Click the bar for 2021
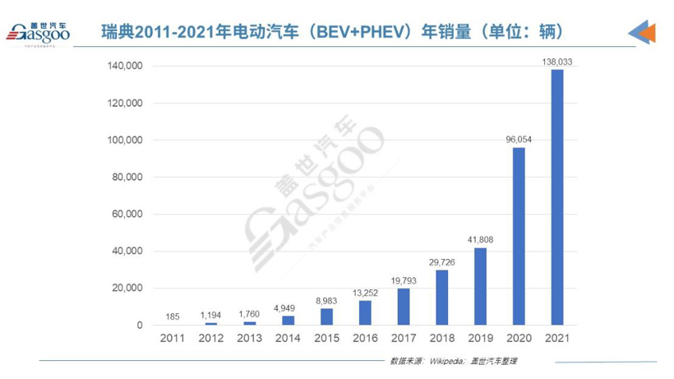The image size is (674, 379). coord(557,197)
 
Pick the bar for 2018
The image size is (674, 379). coord(441,298)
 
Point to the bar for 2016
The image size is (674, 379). coord(364,312)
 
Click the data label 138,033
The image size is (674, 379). coord(557,62)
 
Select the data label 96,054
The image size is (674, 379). coord(519,140)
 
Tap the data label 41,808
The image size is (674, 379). coord(480,240)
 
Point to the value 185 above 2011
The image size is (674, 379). coord(172,316)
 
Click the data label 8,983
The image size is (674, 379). coord(326,301)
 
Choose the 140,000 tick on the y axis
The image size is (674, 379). coord(126,66)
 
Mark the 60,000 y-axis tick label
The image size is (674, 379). coord(128,215)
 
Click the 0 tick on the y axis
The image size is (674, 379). coord(140,326)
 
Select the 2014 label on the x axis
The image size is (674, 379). coord(288,339)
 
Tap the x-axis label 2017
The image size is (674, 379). coord(403,339)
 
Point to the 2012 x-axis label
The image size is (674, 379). coord(210,339)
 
